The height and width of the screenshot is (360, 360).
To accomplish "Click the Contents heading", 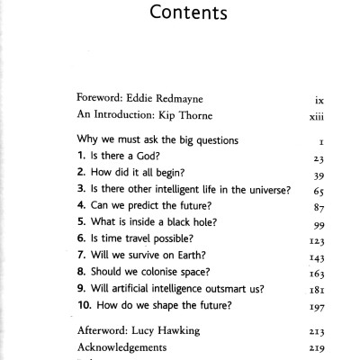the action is (180, 16).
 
